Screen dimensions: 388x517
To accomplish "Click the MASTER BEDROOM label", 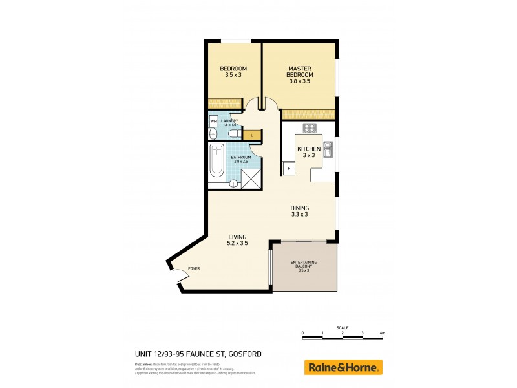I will (300, 71).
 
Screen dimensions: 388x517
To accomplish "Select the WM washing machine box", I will (213, 121).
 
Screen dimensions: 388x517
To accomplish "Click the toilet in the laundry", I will (213, 134).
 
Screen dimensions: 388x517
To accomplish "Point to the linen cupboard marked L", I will (252, 135).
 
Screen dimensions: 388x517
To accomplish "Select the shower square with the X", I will (251, 178).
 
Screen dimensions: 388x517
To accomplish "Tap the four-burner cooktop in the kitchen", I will (309, 127).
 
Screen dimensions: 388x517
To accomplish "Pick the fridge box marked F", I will (288, 168).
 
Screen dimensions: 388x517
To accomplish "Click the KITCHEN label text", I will (309, 149).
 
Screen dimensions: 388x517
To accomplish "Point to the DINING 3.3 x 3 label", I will (300, 210).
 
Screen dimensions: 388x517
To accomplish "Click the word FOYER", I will (194, 268).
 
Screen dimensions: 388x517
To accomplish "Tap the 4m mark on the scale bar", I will (383, 334).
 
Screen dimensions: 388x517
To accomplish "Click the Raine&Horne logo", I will (343, 367).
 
